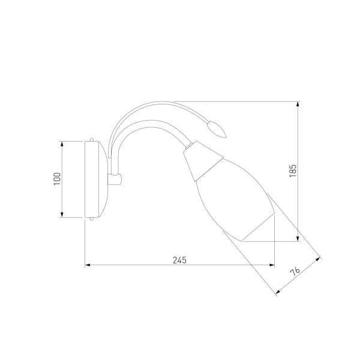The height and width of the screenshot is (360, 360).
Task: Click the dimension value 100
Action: coord(57,179)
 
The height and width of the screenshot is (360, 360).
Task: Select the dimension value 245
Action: coord(179,260)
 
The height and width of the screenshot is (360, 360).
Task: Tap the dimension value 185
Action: coord(293,171)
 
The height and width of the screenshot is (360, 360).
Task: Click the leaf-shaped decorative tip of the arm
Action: coord(216,129)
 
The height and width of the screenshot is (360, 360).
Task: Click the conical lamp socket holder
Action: coord(203,161)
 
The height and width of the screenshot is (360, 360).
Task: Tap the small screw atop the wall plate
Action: coord(92,140)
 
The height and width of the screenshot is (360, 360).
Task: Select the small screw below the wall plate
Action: coord(92,219)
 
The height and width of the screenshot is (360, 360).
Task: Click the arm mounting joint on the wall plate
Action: coord(115,179)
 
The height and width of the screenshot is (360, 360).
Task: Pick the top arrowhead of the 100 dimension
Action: coord(62,144)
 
